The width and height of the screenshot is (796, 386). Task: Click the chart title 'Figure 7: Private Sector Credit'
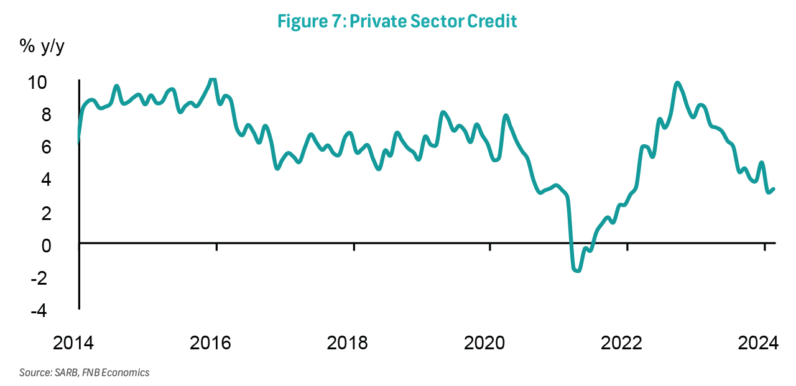coord(397,21)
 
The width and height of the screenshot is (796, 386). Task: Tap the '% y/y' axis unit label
coord(42,47)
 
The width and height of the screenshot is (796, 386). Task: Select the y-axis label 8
coord(64,115)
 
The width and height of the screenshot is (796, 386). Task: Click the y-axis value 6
coord(64,148)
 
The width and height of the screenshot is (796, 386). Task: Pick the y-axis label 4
coord(64,180)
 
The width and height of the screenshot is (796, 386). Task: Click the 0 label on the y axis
coord(64,246)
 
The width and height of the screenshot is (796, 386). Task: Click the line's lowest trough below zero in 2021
coord(577,270)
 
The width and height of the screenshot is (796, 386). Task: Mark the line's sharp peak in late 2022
coord(677,83)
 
